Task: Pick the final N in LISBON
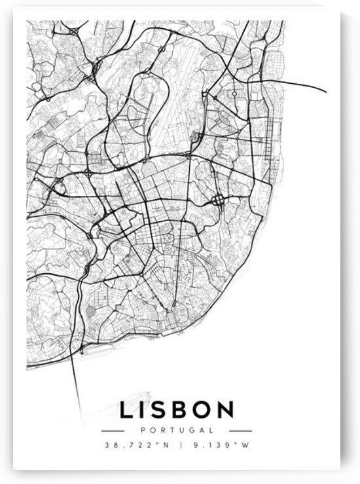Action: pos(225,411)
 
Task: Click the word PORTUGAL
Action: pos(177,430)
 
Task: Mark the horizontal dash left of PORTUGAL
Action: pos(114,430)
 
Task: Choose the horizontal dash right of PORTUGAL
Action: pos(240,430)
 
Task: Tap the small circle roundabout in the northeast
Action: pos(234,94)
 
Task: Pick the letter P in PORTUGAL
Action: pos(143,430)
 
